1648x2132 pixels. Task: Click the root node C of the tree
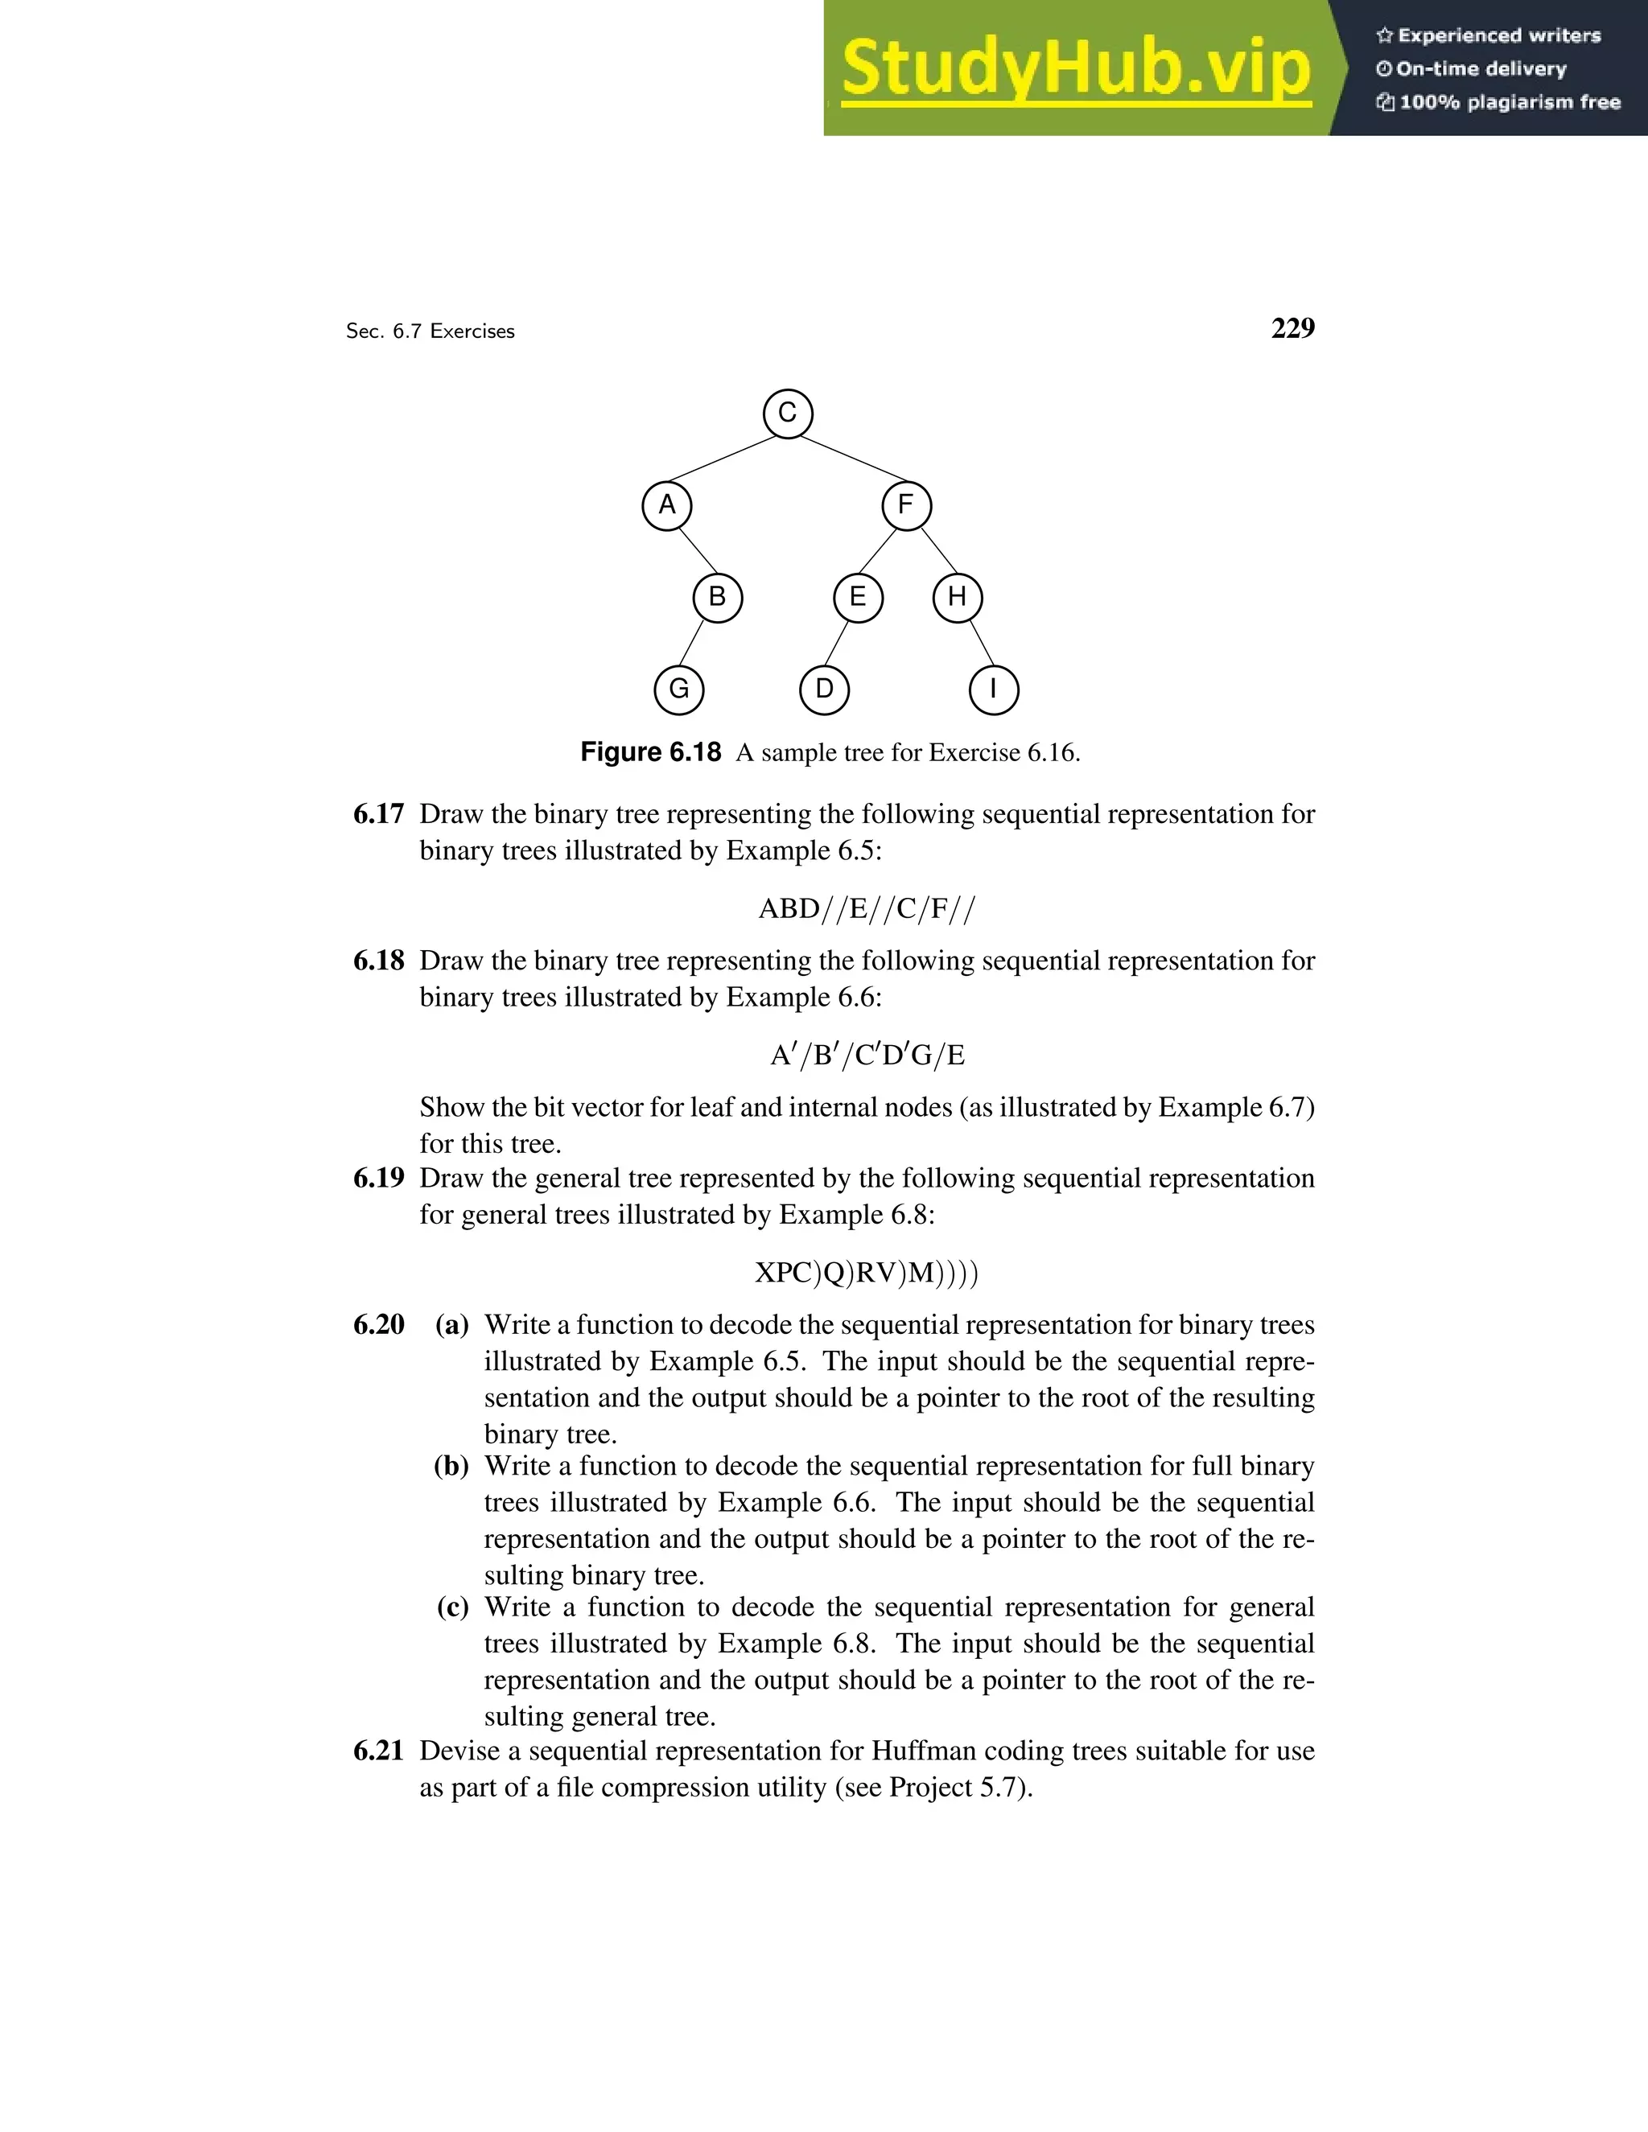tap(787, 413)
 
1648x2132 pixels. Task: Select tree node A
tap(667, 506)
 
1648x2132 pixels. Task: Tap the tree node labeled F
tap(906, 506)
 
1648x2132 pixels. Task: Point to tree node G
tap(678, 690)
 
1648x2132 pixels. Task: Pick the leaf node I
tap(993, 690)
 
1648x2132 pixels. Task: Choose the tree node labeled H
tap(957, 598)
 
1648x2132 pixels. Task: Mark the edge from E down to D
tap(837, 644)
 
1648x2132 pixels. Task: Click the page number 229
tap(1292, 328)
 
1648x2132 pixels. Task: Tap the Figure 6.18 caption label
tap(650, 751)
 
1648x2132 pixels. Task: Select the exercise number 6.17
tap(379, 814)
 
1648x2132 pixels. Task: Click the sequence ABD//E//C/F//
tap(866, 909)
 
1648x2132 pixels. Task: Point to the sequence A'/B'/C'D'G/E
tap(866, 1056)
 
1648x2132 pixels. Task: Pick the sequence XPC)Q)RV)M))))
tap(866, 1273)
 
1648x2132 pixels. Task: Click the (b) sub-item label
tap(451, 1465)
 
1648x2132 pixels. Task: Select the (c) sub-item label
tap(452, 1607)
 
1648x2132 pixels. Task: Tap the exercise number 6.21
tap(379, 1751)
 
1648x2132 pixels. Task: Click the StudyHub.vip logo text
tap(1076, 68)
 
